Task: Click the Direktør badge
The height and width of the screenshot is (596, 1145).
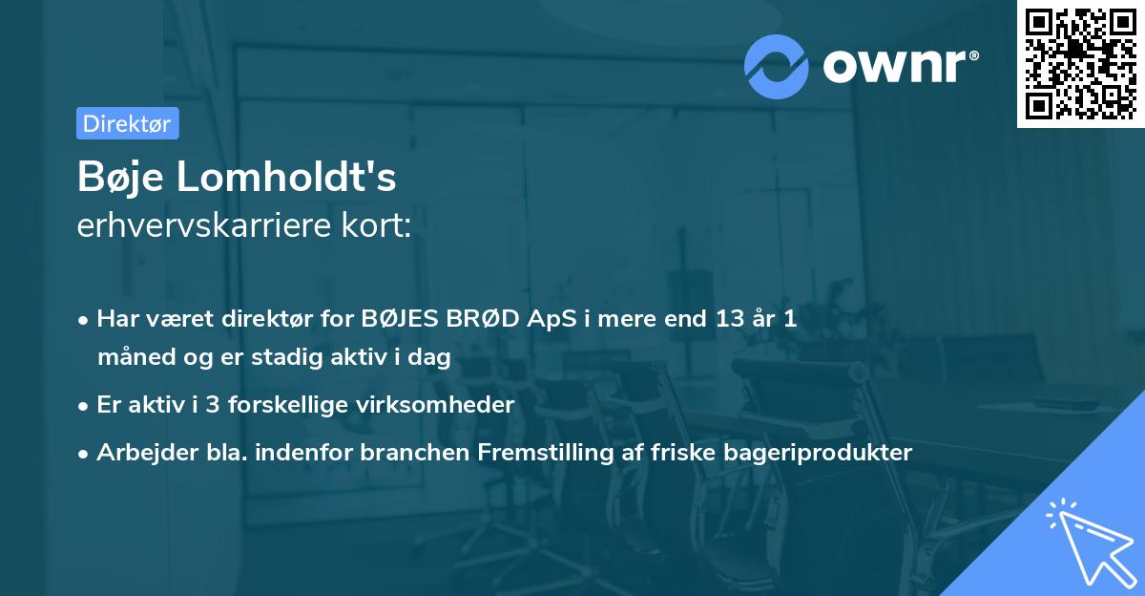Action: pos(127,123)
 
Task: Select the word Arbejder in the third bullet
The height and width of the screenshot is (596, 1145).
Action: pos(140,452)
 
